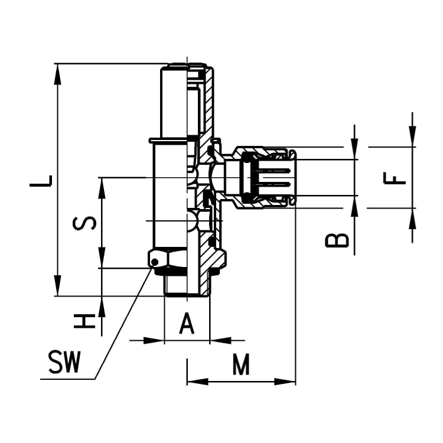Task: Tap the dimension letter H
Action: [84, 321]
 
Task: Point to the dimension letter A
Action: [187, 324]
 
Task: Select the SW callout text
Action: [65, 364]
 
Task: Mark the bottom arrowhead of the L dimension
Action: [57, 288]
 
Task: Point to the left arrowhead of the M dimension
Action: [195, 382]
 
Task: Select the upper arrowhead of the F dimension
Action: [412, 138]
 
